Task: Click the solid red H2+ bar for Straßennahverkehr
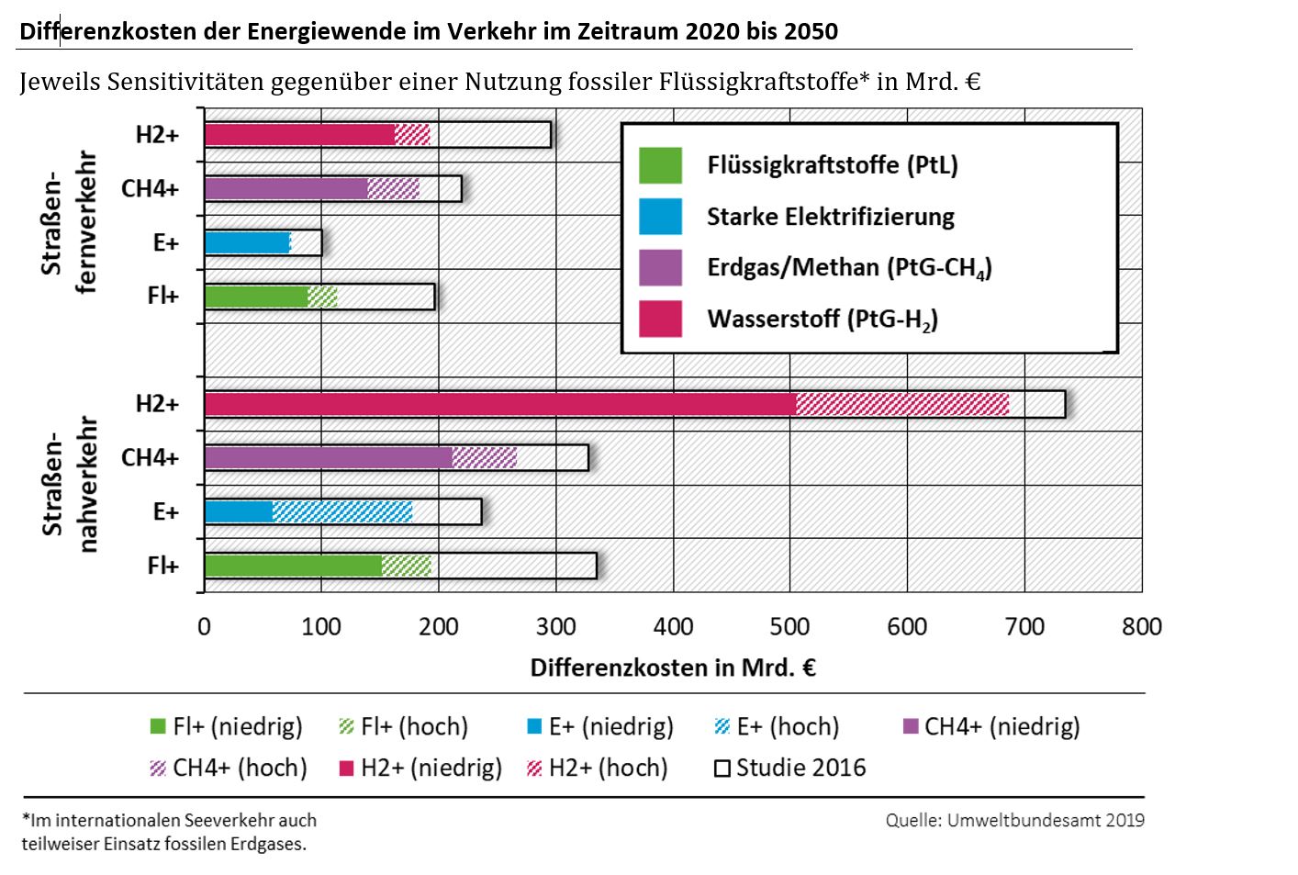[500, 404]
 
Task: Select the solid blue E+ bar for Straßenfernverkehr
[246, 242]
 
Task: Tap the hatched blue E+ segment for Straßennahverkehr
[342, 511]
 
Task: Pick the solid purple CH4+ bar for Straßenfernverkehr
[285, 189]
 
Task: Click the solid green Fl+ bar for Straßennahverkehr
[293, 566]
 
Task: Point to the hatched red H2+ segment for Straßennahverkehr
[902, 404]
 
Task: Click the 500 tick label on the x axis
[789, 627]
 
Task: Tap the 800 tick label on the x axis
[1141, 627]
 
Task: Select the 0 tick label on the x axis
[204, 627]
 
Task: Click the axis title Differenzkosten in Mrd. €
[673, 667]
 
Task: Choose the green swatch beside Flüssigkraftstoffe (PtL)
[660, 165]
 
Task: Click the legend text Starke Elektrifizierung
[830, 217]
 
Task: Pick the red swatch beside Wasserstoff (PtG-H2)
[660, 319]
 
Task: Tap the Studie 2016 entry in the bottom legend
[790, 768]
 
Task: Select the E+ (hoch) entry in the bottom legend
[777, 727]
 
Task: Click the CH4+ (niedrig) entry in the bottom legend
[991, 727]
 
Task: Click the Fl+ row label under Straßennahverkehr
[162, 566]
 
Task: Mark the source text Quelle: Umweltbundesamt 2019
[1014, 820]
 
